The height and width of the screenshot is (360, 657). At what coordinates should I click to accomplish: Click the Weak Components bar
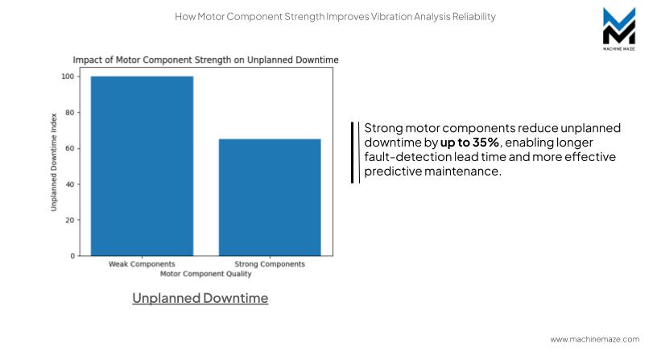(x=142, y=166)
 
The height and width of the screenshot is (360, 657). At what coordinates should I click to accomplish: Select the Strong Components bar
(x=270, y=197)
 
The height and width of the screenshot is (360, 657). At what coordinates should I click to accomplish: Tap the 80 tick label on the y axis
(x=68, y=113)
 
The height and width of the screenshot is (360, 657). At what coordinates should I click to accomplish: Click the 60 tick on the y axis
(x=68, y=148)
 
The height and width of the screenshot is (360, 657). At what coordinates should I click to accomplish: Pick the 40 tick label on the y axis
(x=68, y=184)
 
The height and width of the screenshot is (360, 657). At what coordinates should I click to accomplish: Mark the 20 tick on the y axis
(x=68, y=220)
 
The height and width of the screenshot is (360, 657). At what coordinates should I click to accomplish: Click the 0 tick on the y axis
(x=72, y=256)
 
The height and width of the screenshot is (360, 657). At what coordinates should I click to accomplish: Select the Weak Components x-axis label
(x=142, y=264)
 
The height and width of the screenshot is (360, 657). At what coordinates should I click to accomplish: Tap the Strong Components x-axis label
(x=270, y=264)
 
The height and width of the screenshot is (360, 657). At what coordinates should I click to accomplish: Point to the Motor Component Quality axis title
(x=205, y=274)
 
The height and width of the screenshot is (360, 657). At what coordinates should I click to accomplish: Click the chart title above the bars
(x=205, y=60)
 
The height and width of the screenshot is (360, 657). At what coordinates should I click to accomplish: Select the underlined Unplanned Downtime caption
(x=200, y=298)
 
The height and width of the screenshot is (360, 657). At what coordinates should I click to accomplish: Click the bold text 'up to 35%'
(x=469, y=142)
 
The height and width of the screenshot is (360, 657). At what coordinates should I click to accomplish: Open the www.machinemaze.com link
(x=594, y=339)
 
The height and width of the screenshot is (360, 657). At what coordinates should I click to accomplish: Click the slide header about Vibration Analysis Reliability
(x=335, y=16)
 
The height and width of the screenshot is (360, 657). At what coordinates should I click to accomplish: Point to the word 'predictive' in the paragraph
(x=393, y=171)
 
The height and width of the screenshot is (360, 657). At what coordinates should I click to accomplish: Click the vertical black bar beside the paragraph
(x=353, y=152)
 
